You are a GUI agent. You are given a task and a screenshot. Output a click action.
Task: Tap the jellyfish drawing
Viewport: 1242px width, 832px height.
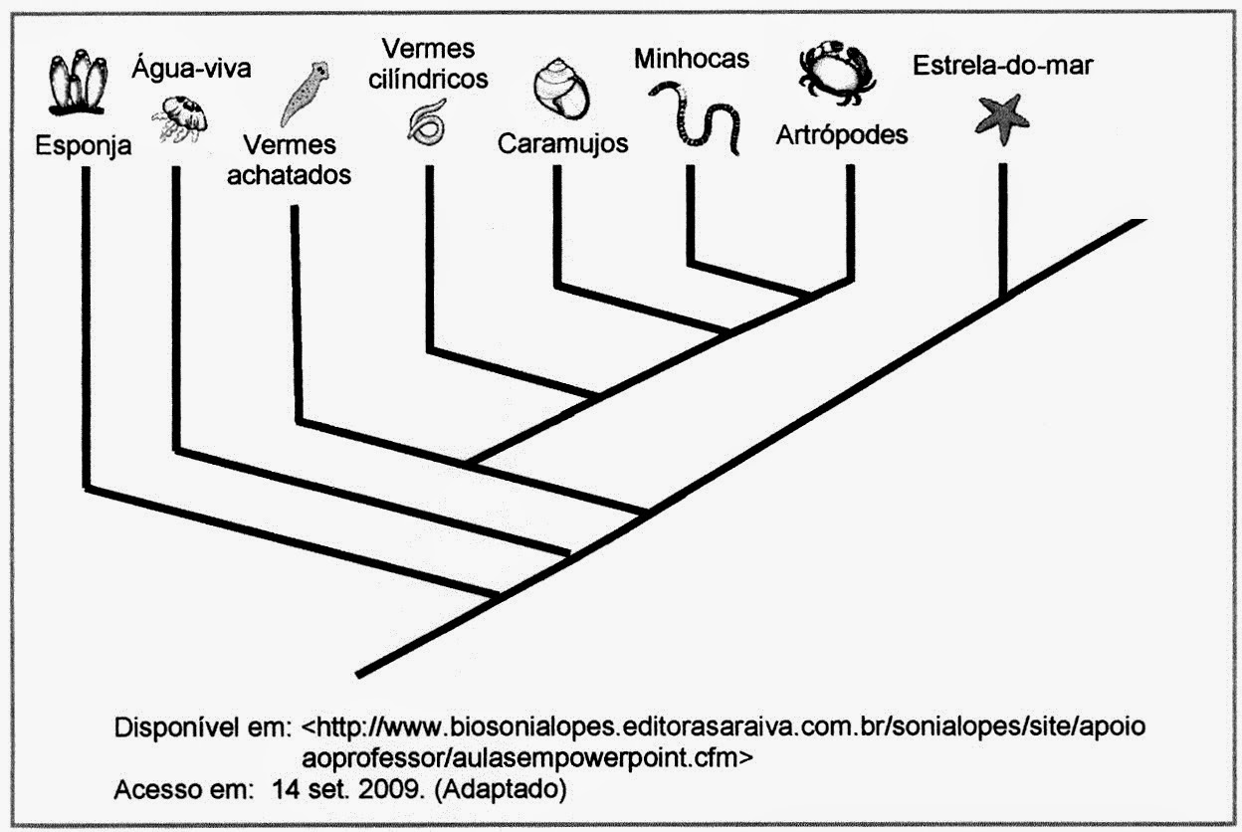[179, 118]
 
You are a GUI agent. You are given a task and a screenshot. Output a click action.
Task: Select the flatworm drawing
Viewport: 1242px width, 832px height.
[305, 93]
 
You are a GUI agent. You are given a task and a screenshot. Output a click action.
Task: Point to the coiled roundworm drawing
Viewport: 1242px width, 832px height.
[426, 122]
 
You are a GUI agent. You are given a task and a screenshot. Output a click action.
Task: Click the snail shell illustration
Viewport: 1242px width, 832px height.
[561, 89]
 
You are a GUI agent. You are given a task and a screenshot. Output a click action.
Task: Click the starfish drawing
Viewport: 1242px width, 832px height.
[1002, 119]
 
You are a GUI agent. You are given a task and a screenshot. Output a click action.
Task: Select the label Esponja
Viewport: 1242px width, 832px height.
[84, 146]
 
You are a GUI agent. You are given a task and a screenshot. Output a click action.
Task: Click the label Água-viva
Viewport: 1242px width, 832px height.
[191, 69]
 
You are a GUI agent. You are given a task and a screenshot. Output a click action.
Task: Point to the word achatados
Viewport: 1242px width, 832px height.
[289, 175]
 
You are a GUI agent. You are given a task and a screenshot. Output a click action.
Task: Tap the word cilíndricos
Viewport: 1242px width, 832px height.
[428, 80]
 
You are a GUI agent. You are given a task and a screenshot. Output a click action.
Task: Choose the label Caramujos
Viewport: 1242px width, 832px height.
[563, 143]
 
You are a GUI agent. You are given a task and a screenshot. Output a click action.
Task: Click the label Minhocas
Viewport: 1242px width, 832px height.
[692, 59]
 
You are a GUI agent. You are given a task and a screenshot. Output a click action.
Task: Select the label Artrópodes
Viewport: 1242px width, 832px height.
[842, 134]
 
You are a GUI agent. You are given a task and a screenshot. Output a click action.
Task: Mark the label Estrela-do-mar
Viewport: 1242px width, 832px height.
[1003, 66]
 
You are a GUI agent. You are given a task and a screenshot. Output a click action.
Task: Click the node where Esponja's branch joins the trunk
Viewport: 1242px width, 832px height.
[496, 596]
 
